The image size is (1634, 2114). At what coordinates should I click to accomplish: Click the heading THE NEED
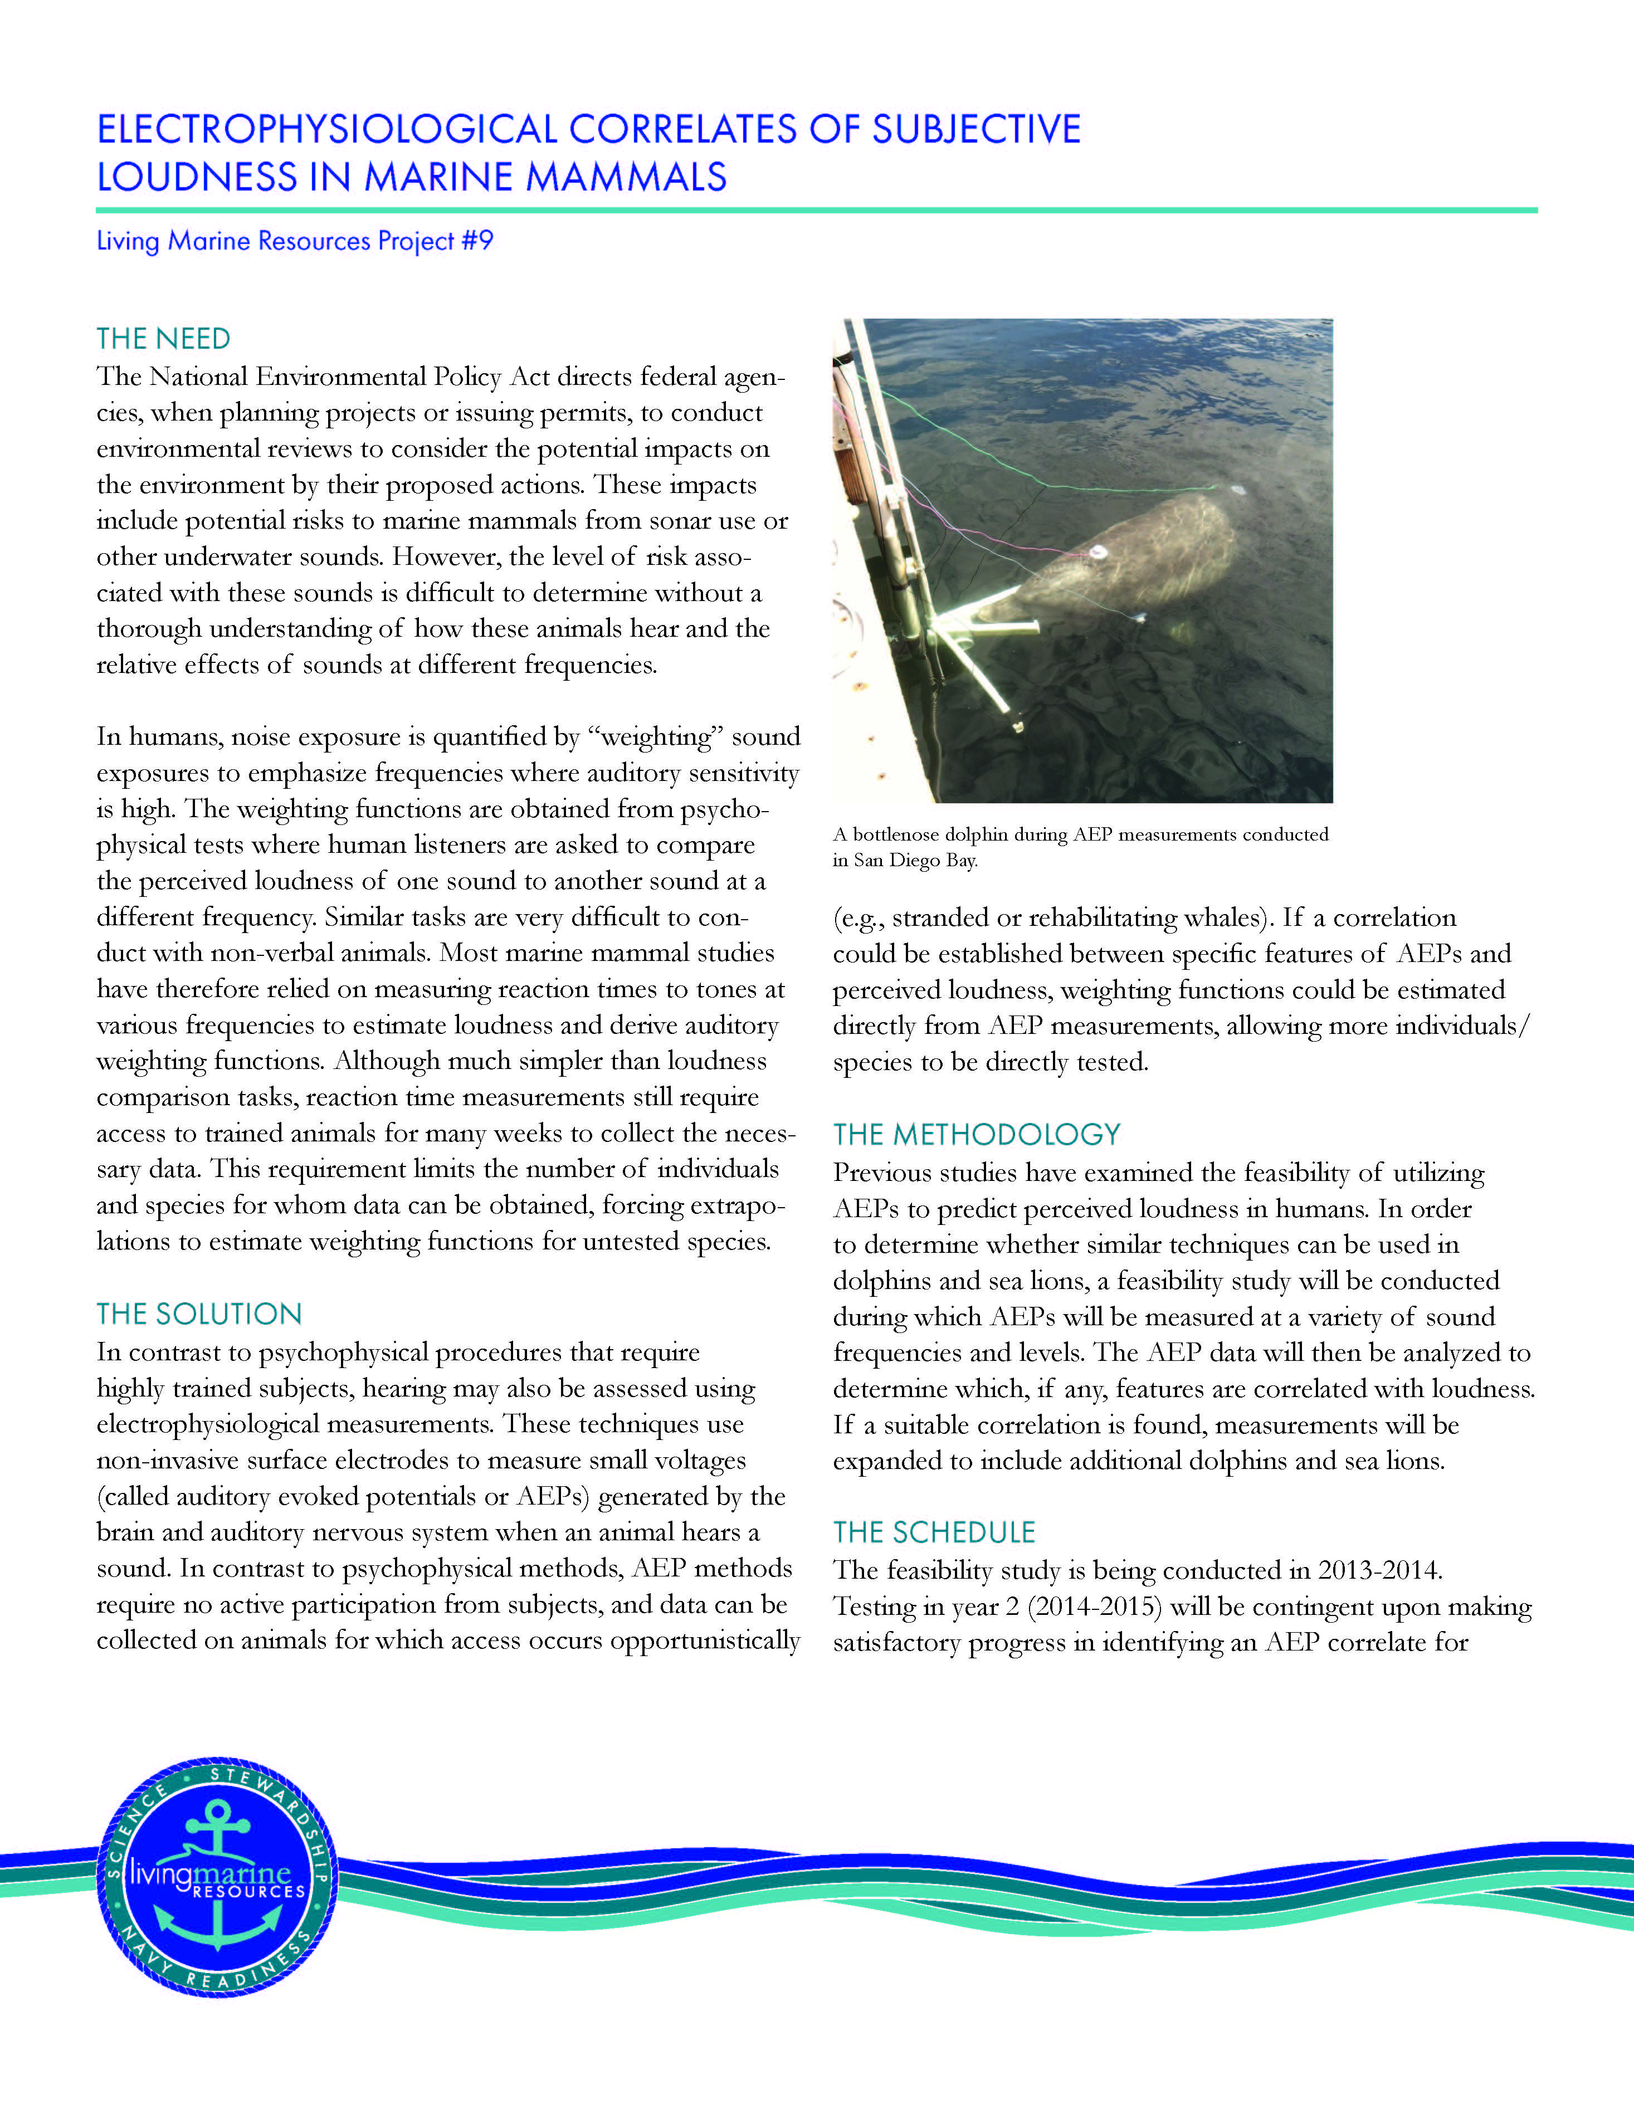point(163,339)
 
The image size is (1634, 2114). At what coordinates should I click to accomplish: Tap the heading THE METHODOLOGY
point(975,1135)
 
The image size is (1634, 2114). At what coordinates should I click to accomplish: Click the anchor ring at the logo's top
point(217,1810)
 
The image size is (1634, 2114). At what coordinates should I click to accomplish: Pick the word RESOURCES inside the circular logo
point(249,1891)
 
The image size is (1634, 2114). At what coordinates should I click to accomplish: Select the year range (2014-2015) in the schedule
point(1094,1607)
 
